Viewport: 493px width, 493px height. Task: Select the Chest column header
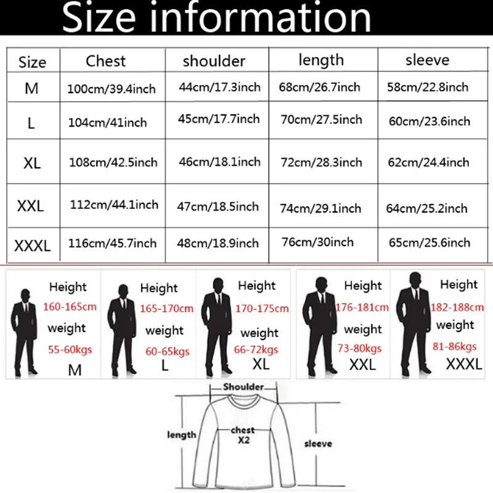pos(105,61)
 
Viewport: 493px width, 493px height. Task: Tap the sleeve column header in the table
pos(427,60)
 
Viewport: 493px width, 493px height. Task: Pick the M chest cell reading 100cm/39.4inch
pos(112,89)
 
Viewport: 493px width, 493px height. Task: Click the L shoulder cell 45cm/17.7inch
pos(219,119)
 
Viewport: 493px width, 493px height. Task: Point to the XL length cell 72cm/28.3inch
pos(321,162)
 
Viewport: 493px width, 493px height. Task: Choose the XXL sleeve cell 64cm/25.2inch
pos(426,208)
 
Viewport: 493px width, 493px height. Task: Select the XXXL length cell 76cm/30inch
pos(317,242)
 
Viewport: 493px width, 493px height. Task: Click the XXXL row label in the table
pos(33,245)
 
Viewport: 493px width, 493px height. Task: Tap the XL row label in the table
pos(32,163)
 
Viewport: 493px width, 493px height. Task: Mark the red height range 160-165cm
pos(70,306)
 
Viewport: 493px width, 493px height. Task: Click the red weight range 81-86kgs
pos(455,346)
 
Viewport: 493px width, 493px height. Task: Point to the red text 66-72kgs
pos(256,349)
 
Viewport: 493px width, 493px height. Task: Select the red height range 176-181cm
pos(362,307)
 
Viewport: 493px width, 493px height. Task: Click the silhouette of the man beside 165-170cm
pos(122,329)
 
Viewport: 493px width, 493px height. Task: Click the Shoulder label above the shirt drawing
pos(243,387)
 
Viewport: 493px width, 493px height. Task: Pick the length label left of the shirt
pos(182,435)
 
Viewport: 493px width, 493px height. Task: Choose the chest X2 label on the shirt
pos(243,435)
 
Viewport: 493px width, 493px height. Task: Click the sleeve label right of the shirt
pos(318,444)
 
